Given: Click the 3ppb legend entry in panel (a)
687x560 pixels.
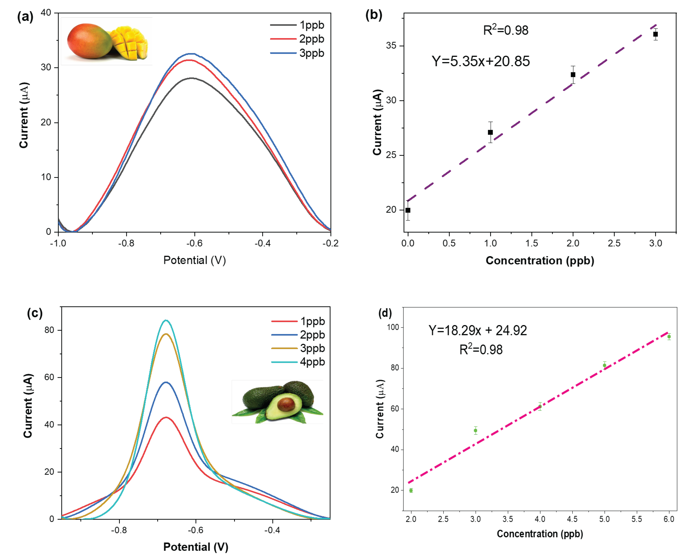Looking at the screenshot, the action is [x=297, y=53].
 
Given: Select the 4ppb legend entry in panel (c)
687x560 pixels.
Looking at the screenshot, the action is [x=298, y=362].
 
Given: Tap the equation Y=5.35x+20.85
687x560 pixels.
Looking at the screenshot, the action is [x=481, y=61].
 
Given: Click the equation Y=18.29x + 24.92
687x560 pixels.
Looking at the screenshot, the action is [x=478, y=330].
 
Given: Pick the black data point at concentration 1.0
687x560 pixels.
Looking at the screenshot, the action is [x=490, y=132].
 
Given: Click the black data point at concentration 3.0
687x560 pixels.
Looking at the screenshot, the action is [x=655, y=34].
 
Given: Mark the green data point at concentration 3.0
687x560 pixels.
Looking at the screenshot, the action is [x=475, y=430].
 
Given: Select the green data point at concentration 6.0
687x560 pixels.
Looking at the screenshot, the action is [x=669, y=336].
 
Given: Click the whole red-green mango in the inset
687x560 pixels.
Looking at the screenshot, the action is [x=89, y=41].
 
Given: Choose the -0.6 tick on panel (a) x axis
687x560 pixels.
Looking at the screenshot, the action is [x=194, y=243].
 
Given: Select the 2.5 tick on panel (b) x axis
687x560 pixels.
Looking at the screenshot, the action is [x=614, y=243].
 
